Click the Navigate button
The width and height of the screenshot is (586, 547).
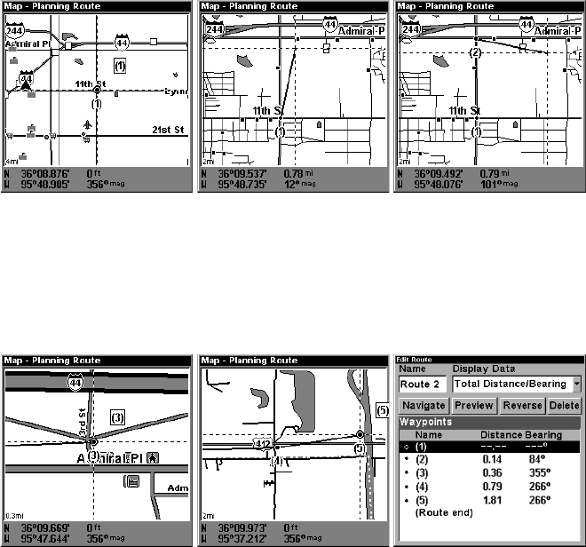[x=422, y=405]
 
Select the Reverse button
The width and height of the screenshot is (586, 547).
[x=521, y=405]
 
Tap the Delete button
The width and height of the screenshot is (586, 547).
[x=564, y=405]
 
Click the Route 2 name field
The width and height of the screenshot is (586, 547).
[x=422, y=384]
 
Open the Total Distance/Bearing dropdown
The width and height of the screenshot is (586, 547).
[x=576, y=384]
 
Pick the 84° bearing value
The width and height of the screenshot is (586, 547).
[x=535, y=460]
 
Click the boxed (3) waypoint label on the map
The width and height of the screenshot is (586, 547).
[x=117, y=416]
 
